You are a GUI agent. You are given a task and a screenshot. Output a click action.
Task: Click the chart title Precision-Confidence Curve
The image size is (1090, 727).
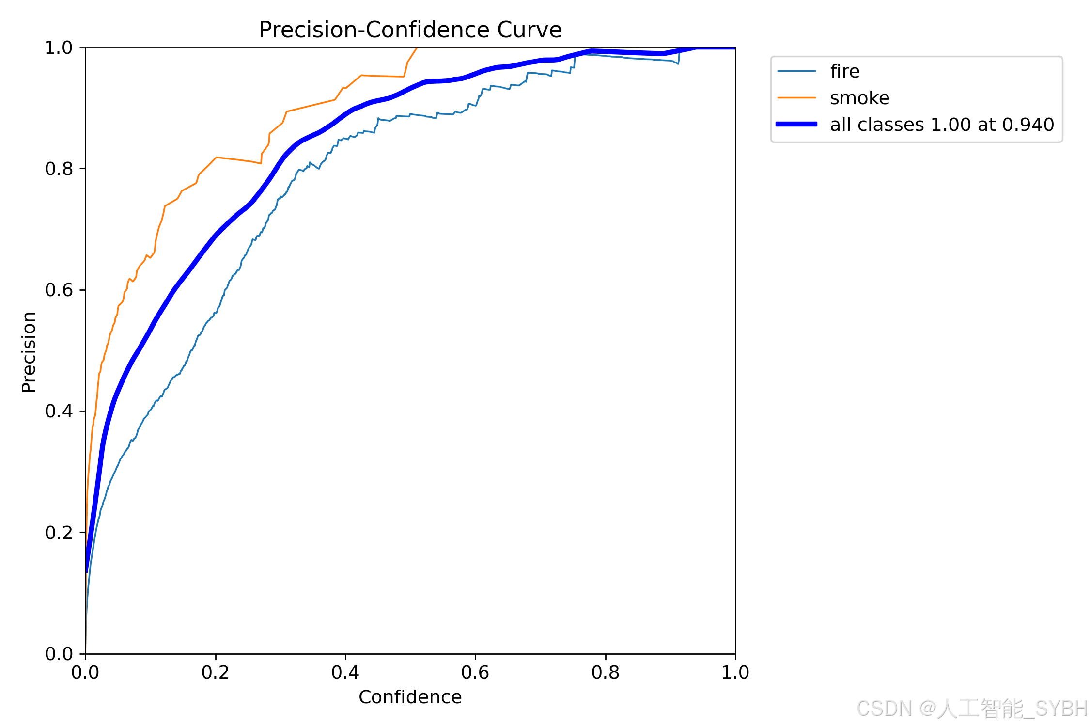tap(410, 30)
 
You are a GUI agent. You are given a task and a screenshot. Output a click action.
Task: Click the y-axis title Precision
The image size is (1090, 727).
tap(29, 352)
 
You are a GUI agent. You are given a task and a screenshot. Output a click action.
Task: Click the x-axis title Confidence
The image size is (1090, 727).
tap(410, 697)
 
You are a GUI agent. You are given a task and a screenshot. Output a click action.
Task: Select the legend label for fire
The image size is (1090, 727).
tap(845, 71)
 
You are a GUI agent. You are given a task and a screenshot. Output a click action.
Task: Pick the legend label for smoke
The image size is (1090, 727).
tap(860, 98)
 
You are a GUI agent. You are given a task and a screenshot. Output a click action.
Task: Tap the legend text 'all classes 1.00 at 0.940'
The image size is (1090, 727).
tap(942, 125)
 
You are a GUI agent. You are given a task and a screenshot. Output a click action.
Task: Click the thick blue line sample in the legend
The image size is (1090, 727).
tap(796, 125)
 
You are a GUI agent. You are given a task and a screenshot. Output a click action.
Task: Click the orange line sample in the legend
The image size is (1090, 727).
tap(796, 98)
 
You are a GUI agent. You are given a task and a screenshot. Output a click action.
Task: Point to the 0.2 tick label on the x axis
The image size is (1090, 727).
tap(216, 672)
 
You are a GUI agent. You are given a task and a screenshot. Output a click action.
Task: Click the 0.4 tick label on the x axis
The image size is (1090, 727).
tap(345, 672)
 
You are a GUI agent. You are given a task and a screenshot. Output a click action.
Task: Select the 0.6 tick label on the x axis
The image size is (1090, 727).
tap(475, 672)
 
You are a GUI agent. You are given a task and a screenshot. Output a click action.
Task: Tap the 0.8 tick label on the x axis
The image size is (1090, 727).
tap(606, 672)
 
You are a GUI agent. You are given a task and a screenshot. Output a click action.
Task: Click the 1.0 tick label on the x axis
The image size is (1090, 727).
tap(735, 672)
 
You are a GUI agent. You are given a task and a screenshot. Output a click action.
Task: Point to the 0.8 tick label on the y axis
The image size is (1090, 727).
tap(59, 169)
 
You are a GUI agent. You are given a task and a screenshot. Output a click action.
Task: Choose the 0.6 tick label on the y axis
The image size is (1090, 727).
tap(59, 290)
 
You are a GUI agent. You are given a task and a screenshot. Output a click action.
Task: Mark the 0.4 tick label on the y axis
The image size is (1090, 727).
tap(59, 411)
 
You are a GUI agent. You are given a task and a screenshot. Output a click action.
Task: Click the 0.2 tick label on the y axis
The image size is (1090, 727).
tap(59, 533)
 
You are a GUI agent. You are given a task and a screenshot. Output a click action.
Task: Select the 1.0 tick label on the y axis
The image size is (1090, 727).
tap(59, 47)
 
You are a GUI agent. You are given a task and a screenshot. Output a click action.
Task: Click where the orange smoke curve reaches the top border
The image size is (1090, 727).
tap(417, 47)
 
